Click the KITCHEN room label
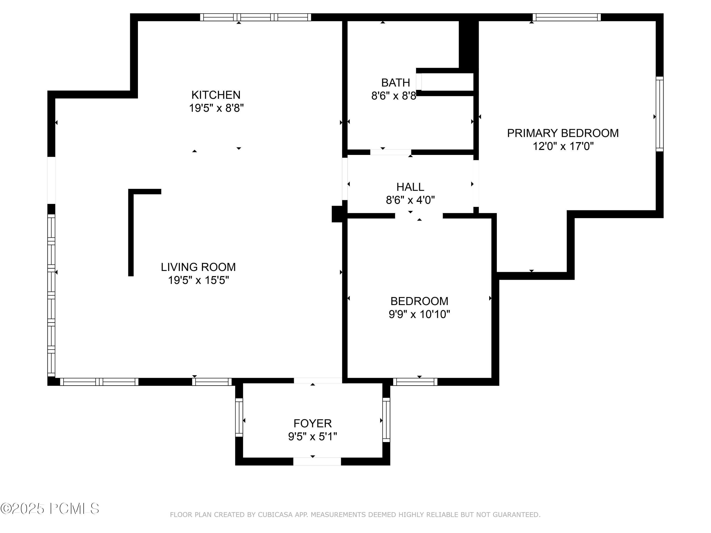pyautogui.click(x=216, y=95)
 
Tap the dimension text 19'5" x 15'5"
pyautogui.click(x=198, y=280)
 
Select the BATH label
pyautogui.click(x=395, y=83)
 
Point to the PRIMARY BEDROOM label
pyautogui.click(x=562, y=133)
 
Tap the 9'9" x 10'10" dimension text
pyautogui.click(x=419, y=314)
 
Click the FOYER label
pyautogui.click(x=312, y=424)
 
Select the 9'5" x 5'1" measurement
pyautogui.click(x=312, y=437)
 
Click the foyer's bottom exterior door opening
pyautogui.click(x=317, y=461)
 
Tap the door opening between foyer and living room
pyautogui.click(x=318, y=381)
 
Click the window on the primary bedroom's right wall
pyautogui.click(x=659, y=114)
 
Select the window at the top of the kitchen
pyautogui.click(x=255, y=17)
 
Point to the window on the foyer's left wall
pyautogui.click(x=239, y=417)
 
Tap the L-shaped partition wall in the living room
pyautogui.click(x=131, y=231)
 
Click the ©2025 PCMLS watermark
pyautogui.click(x=50, y=509)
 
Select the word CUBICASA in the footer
pyautogui.click(x=275, y=515)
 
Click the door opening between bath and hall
pyautogui.click(x=391, y=152)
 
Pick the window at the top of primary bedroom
pyautogui.click(x=566, y=17)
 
